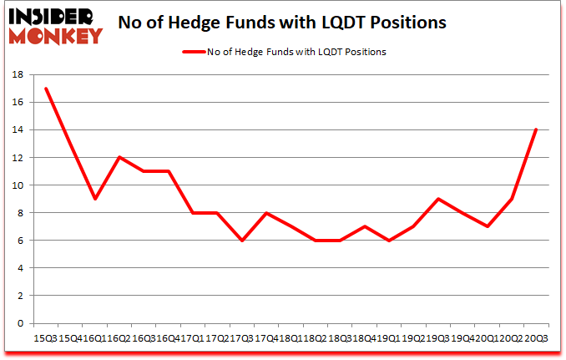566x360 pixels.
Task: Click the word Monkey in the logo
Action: (x=58, y=35)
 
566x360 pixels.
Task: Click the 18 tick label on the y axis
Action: (x=17, y=74)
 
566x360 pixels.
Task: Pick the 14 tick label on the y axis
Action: (x=17, y=129)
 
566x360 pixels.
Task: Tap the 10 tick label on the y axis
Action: (x=17, y=185)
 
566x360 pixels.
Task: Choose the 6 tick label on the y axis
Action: (x=20, y=241)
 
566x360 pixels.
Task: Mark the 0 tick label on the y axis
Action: (x=20, y=323)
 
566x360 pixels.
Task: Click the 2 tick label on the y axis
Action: (x=20, y=296)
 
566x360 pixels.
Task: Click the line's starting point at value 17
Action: (x=46, y=89)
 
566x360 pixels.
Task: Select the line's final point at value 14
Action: (x=534, y=129)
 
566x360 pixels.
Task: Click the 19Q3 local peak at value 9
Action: (x=437, y=199)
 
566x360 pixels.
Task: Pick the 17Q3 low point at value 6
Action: (x=241, y=241)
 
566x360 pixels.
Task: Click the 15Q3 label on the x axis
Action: (x=45, y=337)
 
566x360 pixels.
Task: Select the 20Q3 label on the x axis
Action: (x=535, y=337)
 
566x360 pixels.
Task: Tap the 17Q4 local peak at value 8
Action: (x=266, y=213)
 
